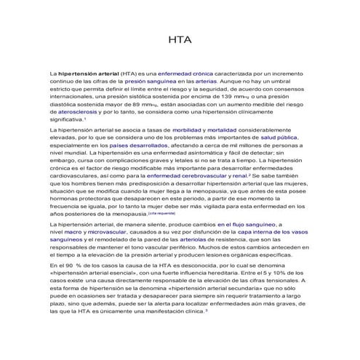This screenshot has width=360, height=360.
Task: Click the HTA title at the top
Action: coord(180,40)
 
